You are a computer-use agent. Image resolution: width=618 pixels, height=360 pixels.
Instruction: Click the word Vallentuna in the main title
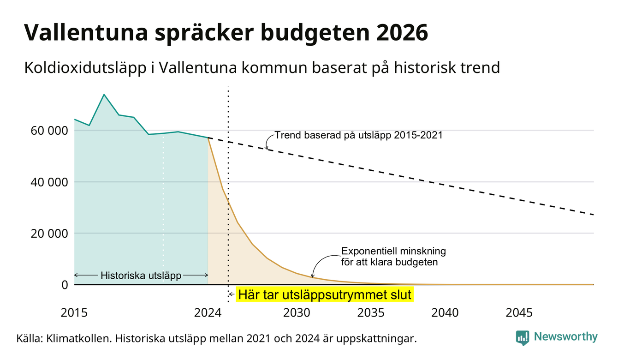click(86, 32)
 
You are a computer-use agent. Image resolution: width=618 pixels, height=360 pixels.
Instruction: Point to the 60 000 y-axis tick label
click(49, 131)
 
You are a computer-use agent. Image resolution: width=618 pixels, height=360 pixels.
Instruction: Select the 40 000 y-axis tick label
click(49, 182)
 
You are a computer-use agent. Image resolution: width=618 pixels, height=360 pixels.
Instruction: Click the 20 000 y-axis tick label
click(49, 234)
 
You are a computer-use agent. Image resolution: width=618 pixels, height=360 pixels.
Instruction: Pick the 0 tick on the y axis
click(65, 285)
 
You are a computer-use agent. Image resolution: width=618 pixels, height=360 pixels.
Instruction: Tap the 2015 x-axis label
click(74, 313)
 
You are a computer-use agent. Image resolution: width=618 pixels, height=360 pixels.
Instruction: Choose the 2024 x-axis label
click(208, 313)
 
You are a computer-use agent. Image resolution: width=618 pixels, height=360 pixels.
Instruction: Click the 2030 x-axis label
click(297, 313)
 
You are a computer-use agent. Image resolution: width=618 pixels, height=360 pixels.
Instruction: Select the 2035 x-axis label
click(371, 313)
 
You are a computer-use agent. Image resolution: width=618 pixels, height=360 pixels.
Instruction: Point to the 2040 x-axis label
click(445, 313)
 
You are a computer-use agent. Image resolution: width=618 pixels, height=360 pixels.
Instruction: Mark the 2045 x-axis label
click(519, 313)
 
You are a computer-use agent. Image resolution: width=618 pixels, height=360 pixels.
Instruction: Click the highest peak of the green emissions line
click(104, 95)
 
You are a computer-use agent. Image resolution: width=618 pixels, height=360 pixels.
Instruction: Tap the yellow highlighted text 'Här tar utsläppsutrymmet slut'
click(325, 294)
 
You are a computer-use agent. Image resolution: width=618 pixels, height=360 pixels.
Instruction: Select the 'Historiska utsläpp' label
click(141, 275)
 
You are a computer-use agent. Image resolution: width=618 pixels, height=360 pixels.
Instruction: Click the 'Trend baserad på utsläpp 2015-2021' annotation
click(358, 135)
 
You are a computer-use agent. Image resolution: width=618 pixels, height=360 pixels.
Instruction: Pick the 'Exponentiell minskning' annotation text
click(393, 251)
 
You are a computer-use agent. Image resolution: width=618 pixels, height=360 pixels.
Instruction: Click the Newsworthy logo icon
click(523, 338)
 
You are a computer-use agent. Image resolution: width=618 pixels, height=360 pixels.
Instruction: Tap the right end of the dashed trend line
click(594, 215)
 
